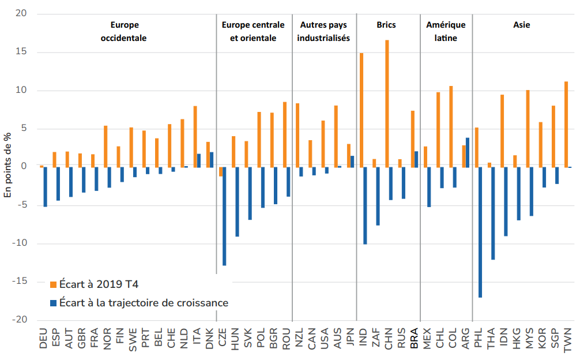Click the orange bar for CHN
(387, 104)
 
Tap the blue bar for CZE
(224, 216)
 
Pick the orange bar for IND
(361, 110)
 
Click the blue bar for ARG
(468, 153)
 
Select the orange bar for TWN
(566, 125)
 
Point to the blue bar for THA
(493, 213)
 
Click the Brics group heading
(386, 25)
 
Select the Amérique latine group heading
(446, 32)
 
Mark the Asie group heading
(521, 25)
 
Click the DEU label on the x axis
(44, 339)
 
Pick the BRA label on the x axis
(414, 339)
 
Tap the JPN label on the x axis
(351, 339)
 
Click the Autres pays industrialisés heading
(325, 32)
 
